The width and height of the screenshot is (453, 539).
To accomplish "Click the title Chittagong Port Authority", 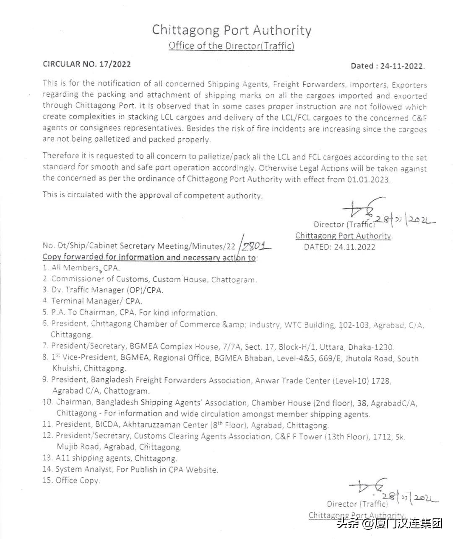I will pyautogui.click(x=232, y=31).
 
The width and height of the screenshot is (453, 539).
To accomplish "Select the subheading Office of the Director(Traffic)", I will pyautogui.click(x=232, y=46).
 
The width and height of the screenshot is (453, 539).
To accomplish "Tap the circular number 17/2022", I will pyautogui.click(x=115, y=64).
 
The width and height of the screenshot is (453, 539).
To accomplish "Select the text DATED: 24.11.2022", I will pyautogui.click(x=340, y=247).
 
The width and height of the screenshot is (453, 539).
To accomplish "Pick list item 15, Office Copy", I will pyautogui.click(x=71, y=480).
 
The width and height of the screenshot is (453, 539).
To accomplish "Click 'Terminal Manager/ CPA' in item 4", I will pyautogui.click(x=96, y=301).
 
